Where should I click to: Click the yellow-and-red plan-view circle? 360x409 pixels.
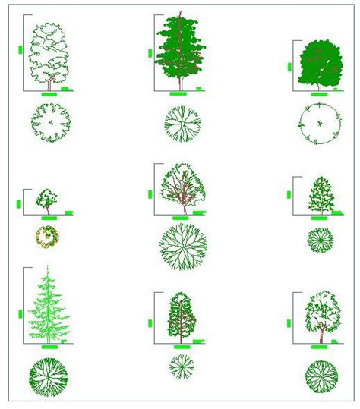tap(46, 237)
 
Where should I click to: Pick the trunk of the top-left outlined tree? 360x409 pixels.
tap(49, 83)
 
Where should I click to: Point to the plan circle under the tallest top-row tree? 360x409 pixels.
tap(181, 124)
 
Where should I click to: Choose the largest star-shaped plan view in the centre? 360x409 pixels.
tap(182, 247)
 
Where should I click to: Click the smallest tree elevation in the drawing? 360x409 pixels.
tap(47, 200)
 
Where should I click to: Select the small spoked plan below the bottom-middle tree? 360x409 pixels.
tap(181, 367)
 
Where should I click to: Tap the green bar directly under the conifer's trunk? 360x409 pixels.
tap(49, 348)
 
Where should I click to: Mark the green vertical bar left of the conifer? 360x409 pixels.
tap(17, 312)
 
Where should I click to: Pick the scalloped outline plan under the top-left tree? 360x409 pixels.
tap(50, 122)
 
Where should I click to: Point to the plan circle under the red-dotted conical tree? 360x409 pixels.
tap(320, 240)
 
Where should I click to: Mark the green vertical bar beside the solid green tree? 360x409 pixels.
tap(290, 67)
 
